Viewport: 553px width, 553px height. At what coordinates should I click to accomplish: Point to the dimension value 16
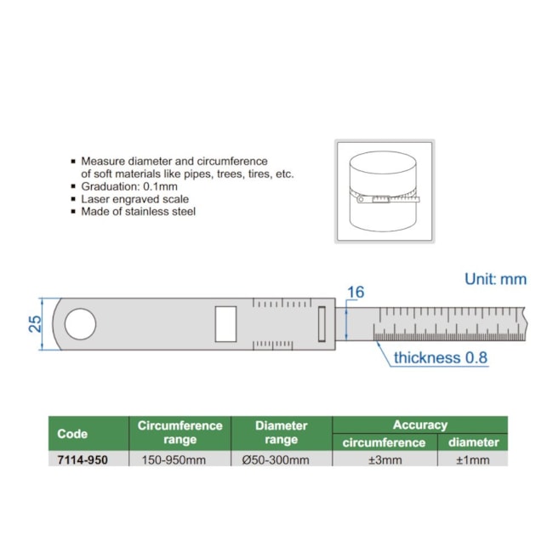356,293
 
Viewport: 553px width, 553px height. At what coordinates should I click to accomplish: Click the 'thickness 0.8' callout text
440,357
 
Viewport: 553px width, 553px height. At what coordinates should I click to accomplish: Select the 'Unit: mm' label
495,279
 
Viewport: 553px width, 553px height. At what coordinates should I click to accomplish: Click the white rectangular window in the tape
226,324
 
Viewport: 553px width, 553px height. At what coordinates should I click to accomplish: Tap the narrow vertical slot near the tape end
322,324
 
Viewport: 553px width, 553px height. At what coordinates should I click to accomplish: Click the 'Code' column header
72,433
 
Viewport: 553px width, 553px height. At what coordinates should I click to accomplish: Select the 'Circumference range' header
180,433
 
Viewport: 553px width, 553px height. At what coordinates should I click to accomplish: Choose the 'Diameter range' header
281,433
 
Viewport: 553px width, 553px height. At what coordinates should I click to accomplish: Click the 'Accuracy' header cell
419,425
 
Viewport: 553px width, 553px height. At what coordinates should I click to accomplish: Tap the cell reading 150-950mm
180,459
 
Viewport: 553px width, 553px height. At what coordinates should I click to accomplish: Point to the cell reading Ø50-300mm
281,459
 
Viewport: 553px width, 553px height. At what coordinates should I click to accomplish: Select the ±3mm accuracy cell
385,459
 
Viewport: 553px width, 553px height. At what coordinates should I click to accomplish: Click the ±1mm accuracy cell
472,459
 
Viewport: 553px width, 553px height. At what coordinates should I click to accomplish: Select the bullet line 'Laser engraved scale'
134,198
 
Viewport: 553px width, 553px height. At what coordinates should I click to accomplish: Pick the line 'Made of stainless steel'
138,211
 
